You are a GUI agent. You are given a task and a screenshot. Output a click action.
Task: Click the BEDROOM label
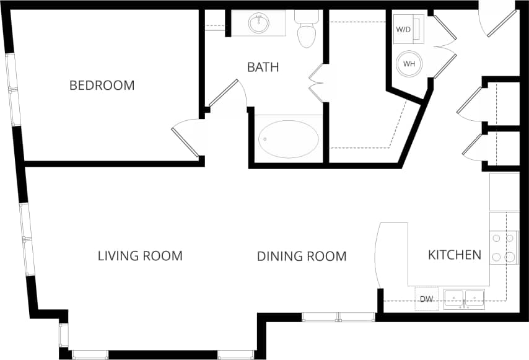click(x=102, y=86)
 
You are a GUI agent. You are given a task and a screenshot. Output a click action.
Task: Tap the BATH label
click(x=263, y=67)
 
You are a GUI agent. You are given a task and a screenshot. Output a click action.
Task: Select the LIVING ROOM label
click(x=140, y=256)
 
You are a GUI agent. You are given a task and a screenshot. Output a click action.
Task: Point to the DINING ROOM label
click(x=301, y=256)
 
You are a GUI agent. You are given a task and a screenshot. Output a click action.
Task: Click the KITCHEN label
click(x=454, y=255)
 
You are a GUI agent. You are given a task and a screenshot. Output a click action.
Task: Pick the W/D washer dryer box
click(x=404, y=29)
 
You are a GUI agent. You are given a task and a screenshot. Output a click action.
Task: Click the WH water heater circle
click(x=409, y=63)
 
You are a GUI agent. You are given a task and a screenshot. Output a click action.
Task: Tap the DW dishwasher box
click(x=426, y=299)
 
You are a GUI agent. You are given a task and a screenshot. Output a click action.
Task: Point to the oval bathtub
click(x=289, y=139)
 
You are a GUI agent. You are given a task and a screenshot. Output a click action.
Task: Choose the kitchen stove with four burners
click(x=504, y=247)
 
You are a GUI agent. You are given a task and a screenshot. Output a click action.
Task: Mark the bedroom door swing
click(x=186, y=136)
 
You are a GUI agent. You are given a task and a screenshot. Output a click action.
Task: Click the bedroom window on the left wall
click(x=13, y=90)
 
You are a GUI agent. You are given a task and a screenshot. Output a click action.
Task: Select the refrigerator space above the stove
click(x=504, y=192)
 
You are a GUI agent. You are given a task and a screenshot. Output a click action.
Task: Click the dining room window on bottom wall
click(x=338, y=317)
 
